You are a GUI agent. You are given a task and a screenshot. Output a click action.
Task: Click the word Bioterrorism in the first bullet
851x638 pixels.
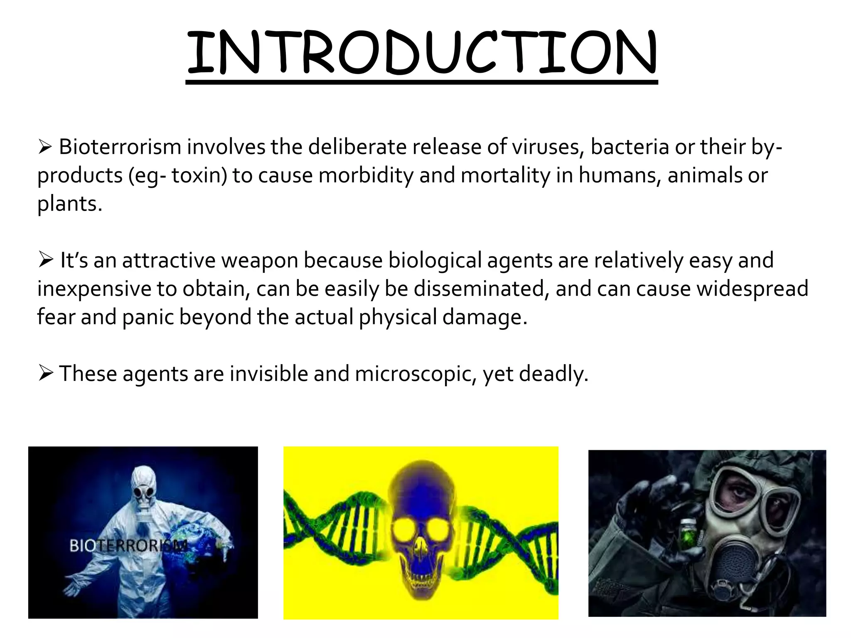click(x=120, y=147)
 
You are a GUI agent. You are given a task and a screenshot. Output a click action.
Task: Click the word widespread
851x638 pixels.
click(x=752, y=289)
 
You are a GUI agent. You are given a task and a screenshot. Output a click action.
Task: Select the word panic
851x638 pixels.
click(x=148, y=317)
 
